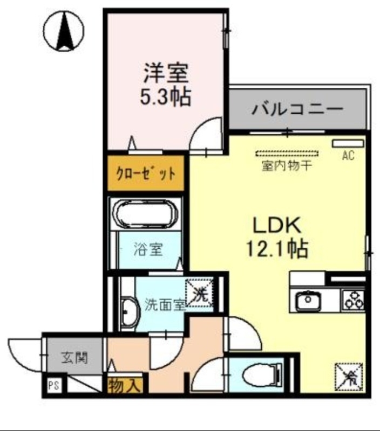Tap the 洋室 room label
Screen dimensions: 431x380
point(166,72)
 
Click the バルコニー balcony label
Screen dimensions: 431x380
point(297,110)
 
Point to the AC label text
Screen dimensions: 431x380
point(348,156)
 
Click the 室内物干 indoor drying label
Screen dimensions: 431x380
point(287,165)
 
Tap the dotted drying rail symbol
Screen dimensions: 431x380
point(287,154)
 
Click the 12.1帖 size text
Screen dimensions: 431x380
point(277,248)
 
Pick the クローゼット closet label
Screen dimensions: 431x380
point(146,174)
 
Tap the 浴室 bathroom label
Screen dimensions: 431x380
point(149,250)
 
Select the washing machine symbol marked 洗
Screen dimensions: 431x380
point(200,295)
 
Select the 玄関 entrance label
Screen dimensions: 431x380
point(74,357)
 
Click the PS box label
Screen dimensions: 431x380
point(53,385)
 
